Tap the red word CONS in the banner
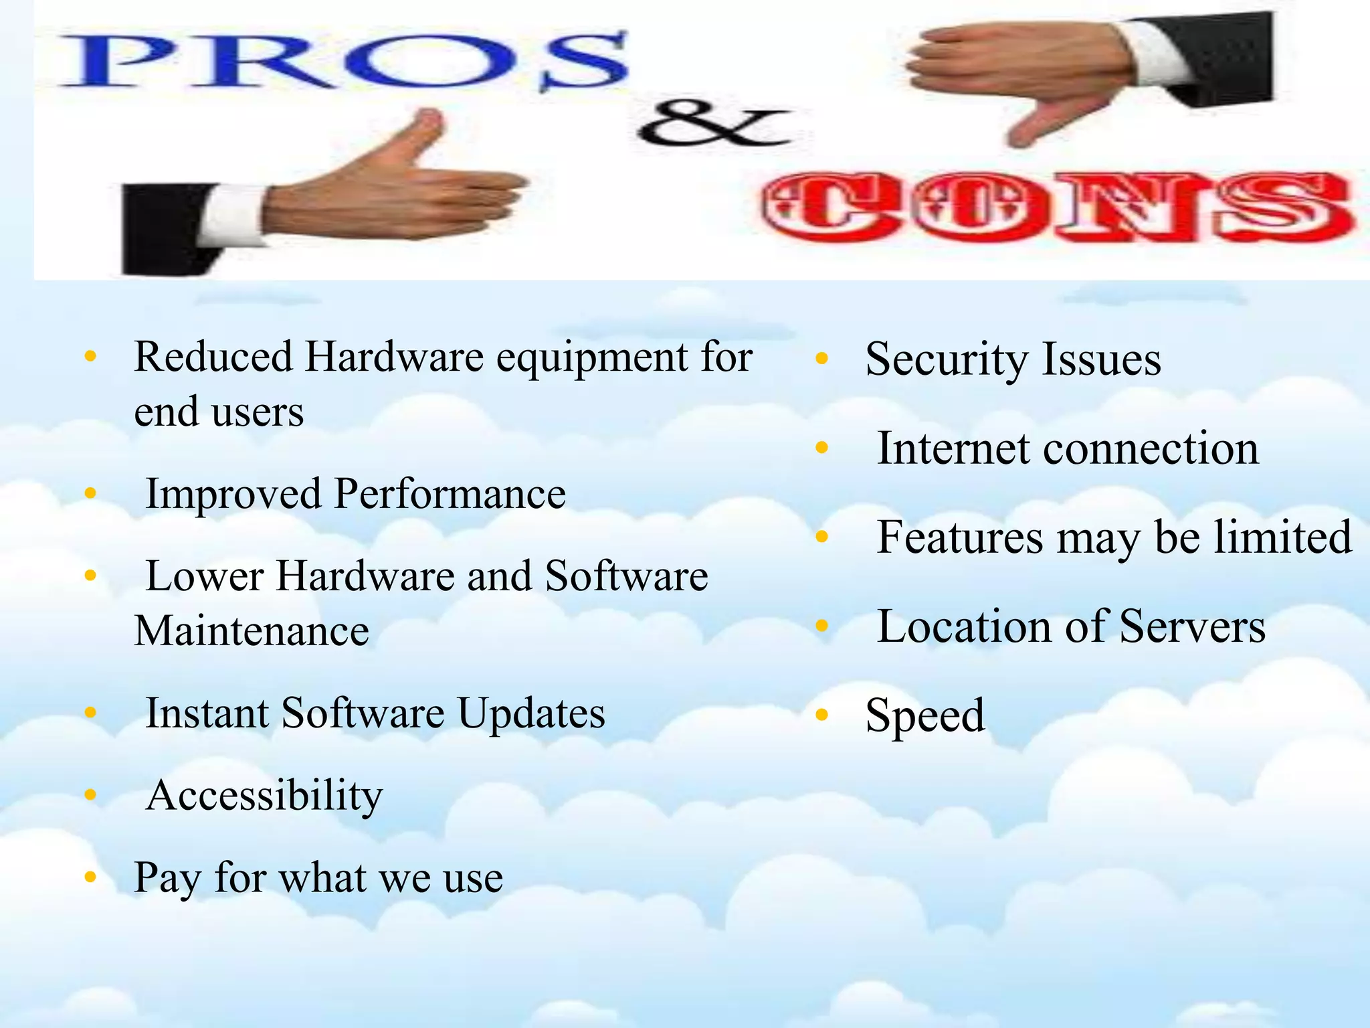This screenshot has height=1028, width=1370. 1057,207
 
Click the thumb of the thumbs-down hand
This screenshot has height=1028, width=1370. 1044,124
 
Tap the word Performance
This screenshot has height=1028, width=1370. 450,494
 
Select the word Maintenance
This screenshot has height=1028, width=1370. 252,630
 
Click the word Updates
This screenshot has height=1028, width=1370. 531,713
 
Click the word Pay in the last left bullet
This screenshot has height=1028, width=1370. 167,878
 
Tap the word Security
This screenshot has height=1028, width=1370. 946,359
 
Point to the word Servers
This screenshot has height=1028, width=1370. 1192,626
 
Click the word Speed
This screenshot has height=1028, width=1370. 924,716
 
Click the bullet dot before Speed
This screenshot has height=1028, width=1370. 822,715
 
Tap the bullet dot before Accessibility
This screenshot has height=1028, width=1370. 91,795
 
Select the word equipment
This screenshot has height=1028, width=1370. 591,357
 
